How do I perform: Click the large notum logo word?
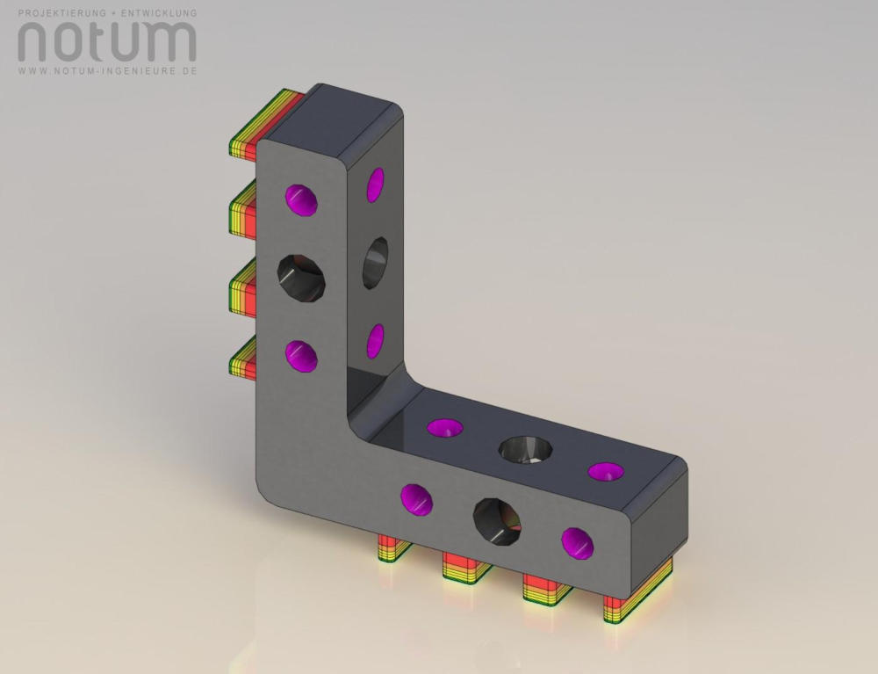point(107,41)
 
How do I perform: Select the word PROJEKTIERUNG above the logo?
point(61,12)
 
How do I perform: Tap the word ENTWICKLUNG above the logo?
point(159,12)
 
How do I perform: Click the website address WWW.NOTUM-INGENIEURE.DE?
point(107,71)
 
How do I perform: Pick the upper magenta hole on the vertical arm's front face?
point(301,199)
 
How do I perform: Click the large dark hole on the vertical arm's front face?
point(301,279)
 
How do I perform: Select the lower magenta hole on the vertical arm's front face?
point(301,356)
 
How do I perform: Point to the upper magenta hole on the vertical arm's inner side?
point(375,185)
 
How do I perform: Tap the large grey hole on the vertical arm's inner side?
point(375,263)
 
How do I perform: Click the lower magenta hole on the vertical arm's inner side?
point(375,341)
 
